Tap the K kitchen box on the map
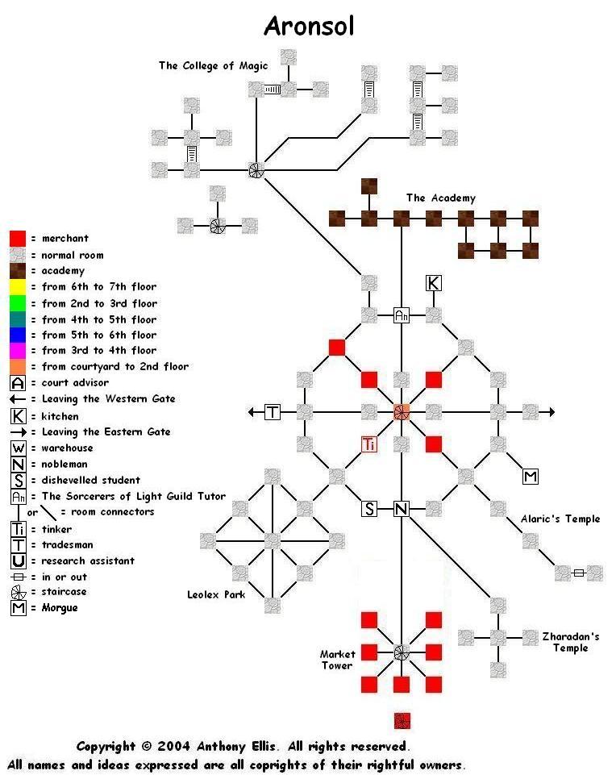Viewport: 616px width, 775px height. (434, 283)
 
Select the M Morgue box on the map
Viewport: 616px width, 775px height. (531, 476)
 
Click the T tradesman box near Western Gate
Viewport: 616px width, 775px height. (273, 412)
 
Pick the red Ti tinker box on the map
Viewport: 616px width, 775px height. (369, 444)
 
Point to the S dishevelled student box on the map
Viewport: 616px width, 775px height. (369, 508)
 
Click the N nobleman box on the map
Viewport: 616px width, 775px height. (402, 508)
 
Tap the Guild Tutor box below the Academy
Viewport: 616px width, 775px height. (402, 315)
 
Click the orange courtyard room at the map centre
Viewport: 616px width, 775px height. (402, 412)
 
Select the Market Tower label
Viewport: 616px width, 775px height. (337, 660)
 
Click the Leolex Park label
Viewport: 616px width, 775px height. (216, 594)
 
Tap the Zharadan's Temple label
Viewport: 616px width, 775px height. (571, 642)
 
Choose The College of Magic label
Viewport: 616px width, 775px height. (213, 66)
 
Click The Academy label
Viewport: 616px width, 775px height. (441, 198)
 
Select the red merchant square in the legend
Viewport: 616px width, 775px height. (18, 239)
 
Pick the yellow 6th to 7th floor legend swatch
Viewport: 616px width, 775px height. (18, 287)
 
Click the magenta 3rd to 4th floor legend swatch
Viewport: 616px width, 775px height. (18, 351)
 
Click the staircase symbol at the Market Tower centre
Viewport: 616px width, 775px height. (402, 652)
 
